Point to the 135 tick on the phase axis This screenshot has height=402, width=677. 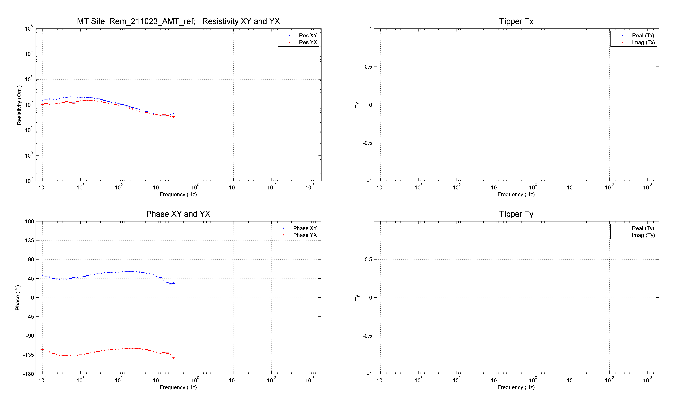tap(30, 240)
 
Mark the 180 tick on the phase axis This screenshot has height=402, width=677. tap(30, 221)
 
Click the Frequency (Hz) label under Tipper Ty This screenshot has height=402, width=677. tap(516, 387)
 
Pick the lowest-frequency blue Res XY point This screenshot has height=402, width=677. tap(174, 113)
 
